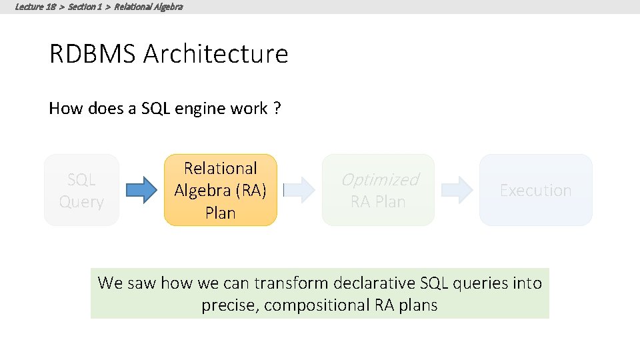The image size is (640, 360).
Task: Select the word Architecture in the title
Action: click(215, 54)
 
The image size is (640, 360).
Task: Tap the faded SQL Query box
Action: click(81, 190)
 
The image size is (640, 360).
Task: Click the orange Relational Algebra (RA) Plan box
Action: click(220, 190)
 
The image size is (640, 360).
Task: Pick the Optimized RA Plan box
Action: click(378, 190)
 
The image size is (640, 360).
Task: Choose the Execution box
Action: click(535, 190)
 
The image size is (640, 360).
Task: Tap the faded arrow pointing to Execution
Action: click(457, 190)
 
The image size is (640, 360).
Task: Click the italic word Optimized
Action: click(379, 179)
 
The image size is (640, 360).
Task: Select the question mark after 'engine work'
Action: click(277, 109)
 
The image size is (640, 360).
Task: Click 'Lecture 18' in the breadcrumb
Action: click(35, 7)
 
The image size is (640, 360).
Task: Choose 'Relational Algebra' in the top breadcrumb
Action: click(148, 7)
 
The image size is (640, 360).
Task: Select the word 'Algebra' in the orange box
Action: click(202, 191)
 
